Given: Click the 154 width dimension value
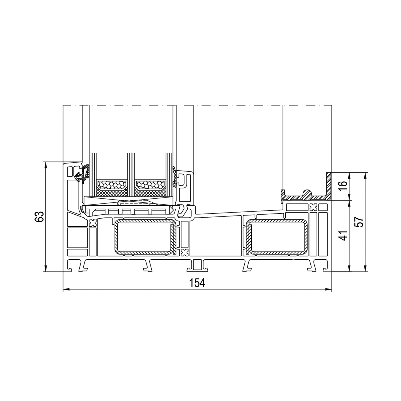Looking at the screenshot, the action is (x=197, y=283).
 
